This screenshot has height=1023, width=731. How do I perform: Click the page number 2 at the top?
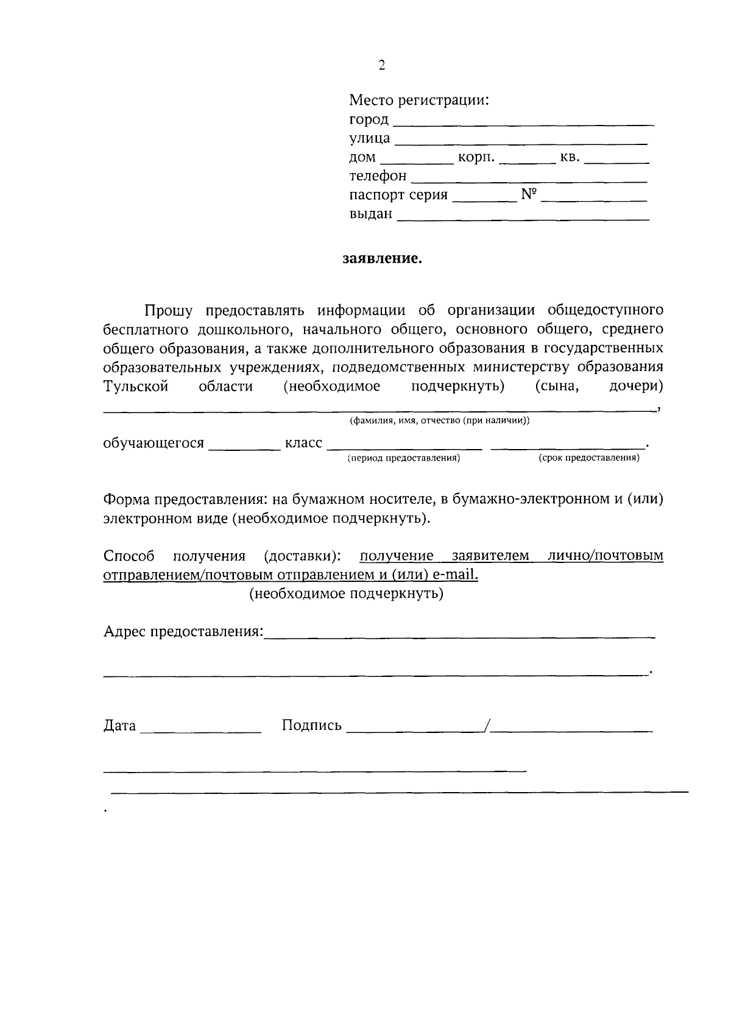(x=382, y=66)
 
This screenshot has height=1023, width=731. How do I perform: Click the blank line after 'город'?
(x=523, y=123)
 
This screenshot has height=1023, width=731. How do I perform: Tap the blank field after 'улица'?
(x=521, y=142)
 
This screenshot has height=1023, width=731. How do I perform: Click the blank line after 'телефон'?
(x=529, y=180)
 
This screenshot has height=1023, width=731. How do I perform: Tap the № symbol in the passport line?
(x=529, y=195)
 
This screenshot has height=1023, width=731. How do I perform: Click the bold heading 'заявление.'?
(x=382, y=259)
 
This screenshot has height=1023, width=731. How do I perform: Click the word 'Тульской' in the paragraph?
(x=136, y=387)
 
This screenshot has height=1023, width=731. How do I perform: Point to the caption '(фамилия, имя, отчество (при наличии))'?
(x=439, y=421)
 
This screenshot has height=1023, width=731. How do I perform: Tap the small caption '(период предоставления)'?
(x=403, y=458)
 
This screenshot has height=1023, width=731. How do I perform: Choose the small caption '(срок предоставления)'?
(x=588, y=458)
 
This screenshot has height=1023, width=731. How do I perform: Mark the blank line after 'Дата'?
(x=200, y=729)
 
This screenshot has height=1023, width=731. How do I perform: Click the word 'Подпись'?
(x=312, y=726)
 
